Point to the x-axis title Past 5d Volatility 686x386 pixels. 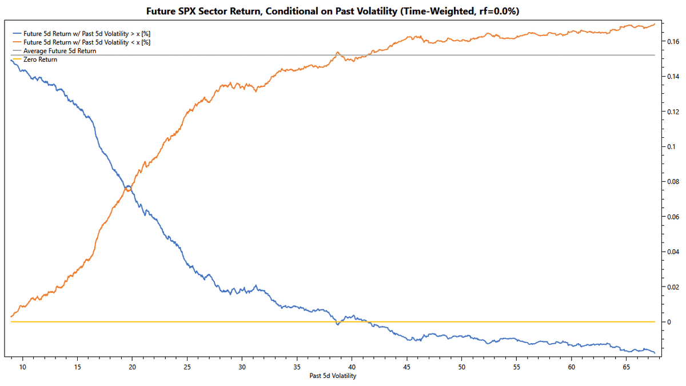pos(333,376)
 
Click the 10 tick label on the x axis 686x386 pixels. pos(22,366)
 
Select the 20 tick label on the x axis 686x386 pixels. pos(132,366)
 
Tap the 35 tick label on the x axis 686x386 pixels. pos(297,366)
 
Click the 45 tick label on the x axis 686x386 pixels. pos(406,366)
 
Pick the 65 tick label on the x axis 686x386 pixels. pos(626,366)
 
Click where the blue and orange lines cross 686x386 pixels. pos(129,188)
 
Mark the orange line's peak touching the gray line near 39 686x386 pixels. pos(338,53)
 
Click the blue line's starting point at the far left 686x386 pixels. pos(11,60)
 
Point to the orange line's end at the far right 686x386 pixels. pos(655,23)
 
